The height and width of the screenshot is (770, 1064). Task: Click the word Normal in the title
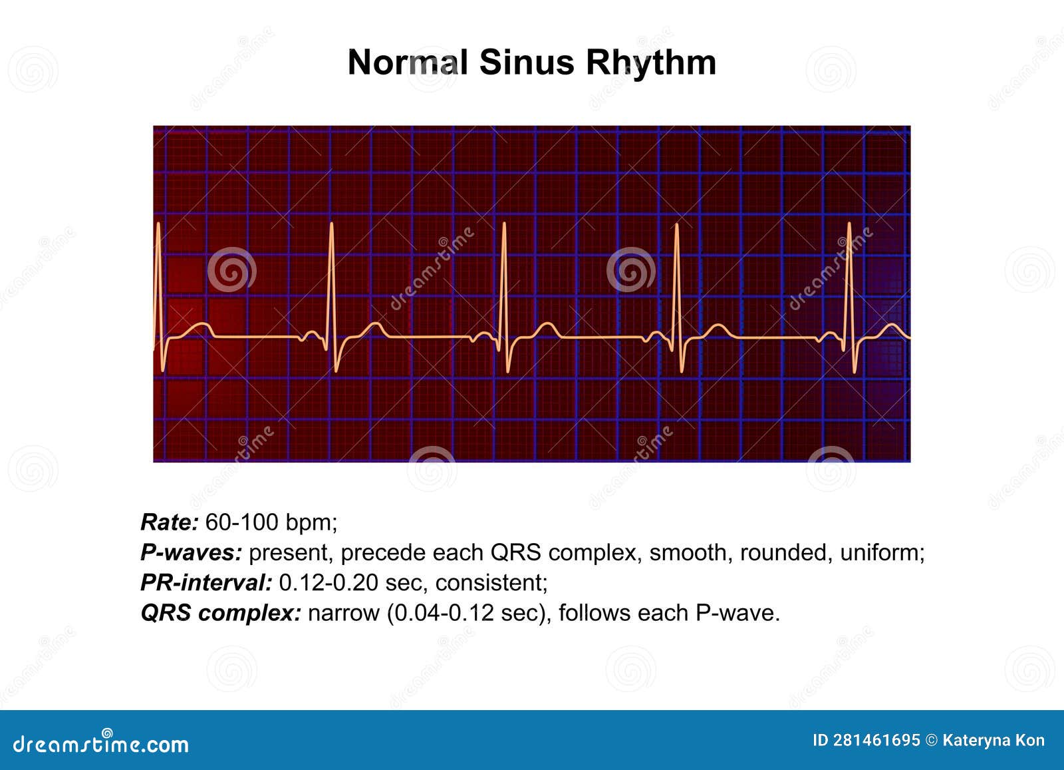tap(408, 63)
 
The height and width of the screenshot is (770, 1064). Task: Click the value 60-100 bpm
tap(270, 522)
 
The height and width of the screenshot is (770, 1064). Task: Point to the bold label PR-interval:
tap(206, 582)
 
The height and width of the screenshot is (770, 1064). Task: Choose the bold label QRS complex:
tap(221, 613)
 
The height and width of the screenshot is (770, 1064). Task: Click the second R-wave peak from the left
tap(331, 225)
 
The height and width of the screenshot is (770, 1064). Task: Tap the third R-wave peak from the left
tap(504, 225)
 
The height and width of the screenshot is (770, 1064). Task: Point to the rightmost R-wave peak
tap(849, 225)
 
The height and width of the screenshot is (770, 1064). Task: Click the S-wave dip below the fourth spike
tap(682, 369)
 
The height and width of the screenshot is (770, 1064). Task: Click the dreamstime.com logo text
tap(101, 743)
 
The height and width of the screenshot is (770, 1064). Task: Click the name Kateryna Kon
tap(994, 741)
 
